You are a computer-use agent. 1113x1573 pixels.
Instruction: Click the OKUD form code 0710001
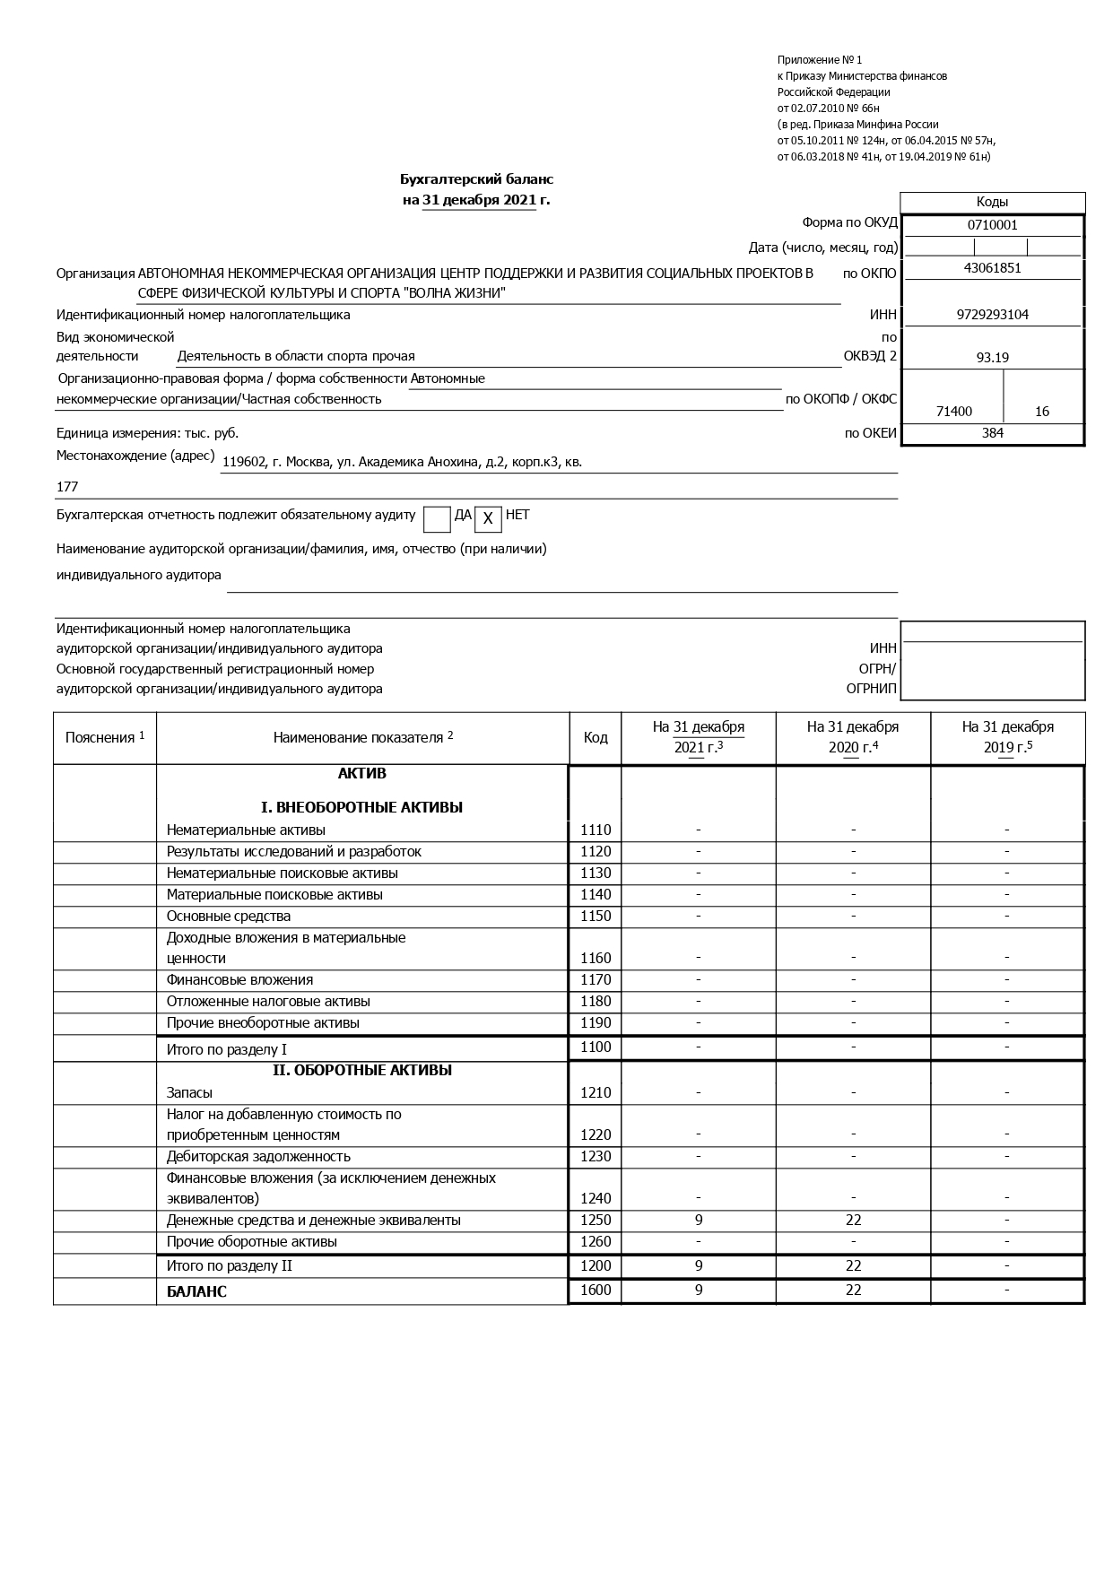pyautogui.click(x=992, y=226)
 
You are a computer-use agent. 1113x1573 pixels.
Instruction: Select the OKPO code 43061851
pyautogui.click(x=992, y=268)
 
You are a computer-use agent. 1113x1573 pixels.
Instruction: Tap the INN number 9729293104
pyautogui.click(x=992, y=315)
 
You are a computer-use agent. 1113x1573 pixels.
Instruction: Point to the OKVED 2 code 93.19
pyautogui.click(x=992, y=358)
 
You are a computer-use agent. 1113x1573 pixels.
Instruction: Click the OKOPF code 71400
pyautogui.click(x=953, y=412)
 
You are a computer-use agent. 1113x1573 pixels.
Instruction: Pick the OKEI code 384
pyautogui.click(x=992, y=433)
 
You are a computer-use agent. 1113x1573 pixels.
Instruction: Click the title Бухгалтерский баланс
pyautogui.click(x=476, y=180)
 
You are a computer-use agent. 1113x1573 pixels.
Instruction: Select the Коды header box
pyautogui.click(x=992, y=203)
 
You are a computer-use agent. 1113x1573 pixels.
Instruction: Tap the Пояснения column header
pyautogui.click(x=105, y=738)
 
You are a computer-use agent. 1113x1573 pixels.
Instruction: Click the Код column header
pyautogui.click(x=596, y=738)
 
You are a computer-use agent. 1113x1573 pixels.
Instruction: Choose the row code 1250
pyautogui.click(x=596, y=1221)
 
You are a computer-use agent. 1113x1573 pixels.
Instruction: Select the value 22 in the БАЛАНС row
pyautogui.click(x=853, y=1291)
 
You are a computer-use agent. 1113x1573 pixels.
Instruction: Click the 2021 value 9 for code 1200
pyautogui.click(x=699, y=1266)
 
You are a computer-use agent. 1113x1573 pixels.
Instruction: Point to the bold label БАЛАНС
pyautogui.click(x=196, y=1292)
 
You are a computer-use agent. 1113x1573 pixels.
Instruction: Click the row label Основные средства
pyautogui.click(x=229, y=917)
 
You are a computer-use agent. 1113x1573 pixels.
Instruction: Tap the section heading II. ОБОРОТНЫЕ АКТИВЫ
pyautogui.click(x=362, y=1071)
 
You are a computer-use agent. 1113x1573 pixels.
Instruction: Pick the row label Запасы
pyautogui.click(x=190, y=1093)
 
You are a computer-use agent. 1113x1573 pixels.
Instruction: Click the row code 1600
pyautogui.click(x=596, y=1291)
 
